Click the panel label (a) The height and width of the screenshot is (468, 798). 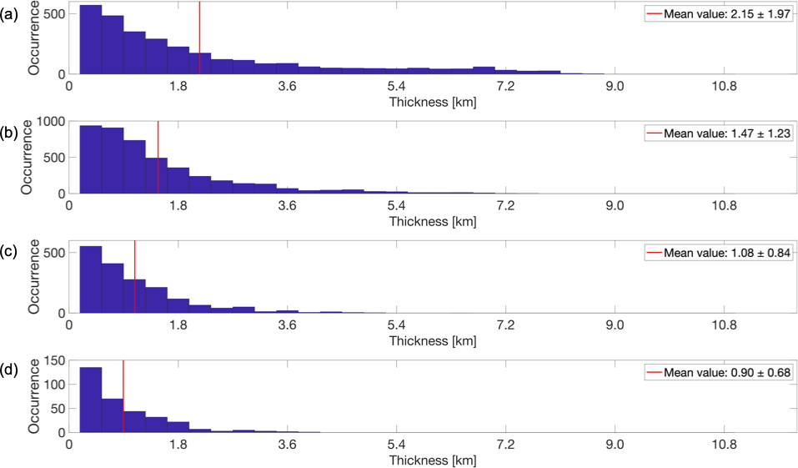[9, 13]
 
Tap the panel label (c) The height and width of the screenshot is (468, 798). [9, 252]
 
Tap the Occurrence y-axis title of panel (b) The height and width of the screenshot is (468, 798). [27, 156]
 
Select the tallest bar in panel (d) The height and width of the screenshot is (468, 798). [90, 400]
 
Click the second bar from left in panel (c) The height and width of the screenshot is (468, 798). [113, 288]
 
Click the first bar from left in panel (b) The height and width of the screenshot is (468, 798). [90, 159]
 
